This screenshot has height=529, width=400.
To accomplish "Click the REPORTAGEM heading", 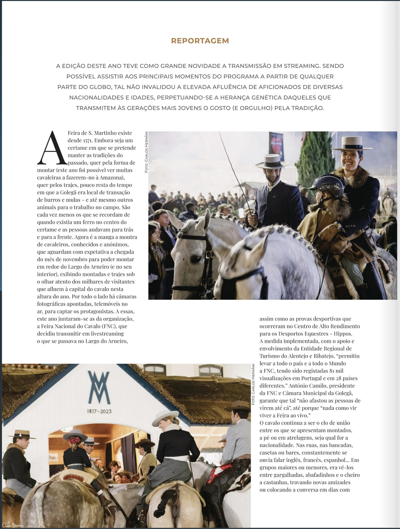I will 200,41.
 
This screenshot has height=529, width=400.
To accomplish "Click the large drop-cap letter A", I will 52,148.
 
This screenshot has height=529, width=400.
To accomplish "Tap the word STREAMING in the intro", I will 301,66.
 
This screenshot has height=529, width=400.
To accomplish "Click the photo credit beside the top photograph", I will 146,152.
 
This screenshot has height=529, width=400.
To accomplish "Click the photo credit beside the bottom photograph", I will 253,384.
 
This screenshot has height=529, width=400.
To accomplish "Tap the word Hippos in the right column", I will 343,334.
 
